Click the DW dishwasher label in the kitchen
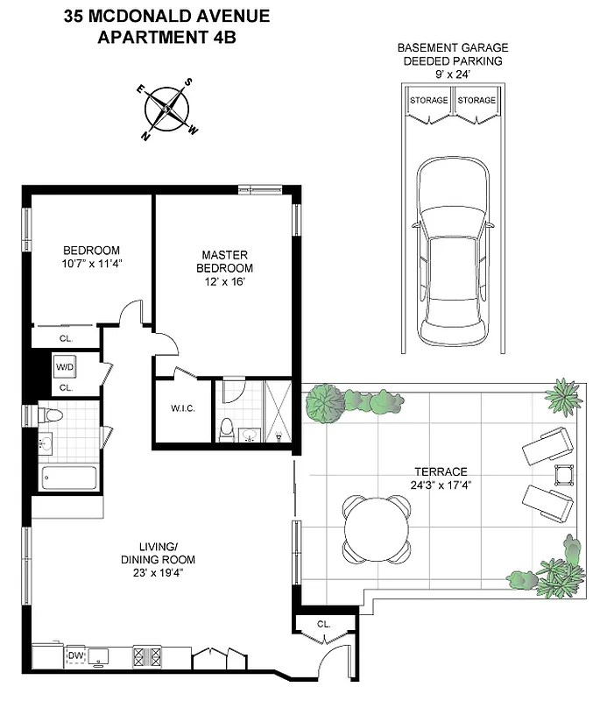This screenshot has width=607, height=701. tap(76, 654)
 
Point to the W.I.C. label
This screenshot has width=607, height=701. tap(183, 407)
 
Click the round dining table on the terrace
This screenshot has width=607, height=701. tap(377, 529)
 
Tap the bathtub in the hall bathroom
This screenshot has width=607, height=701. tap(69, 478)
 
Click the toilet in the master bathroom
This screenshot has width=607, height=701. tap(227, 429)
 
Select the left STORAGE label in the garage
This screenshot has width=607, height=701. tap(429, 100)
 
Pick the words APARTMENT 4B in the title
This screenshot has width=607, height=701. tap(166, 37)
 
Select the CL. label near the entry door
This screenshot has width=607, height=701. tap(323, 625)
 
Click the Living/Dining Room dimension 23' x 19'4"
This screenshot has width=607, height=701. tap(158, 573)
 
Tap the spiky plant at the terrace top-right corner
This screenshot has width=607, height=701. tap(563, 396)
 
